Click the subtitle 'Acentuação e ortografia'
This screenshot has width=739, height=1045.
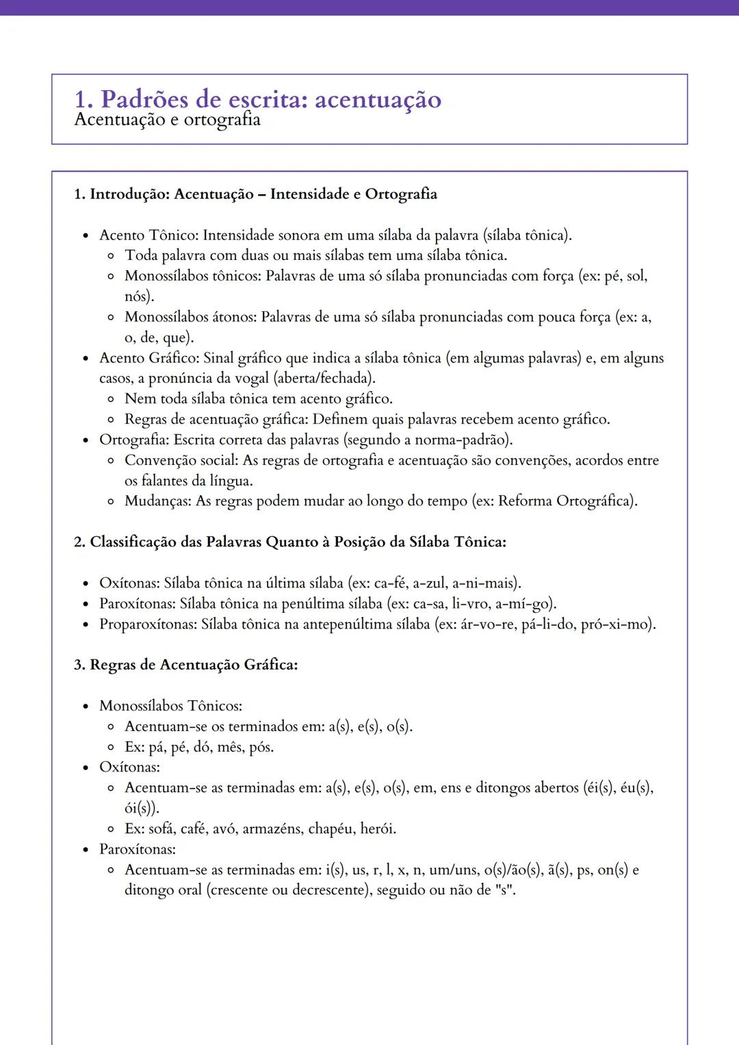(167, 120)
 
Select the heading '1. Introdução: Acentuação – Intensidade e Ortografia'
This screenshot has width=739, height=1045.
(255, 194)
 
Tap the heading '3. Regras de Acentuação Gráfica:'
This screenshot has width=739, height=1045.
(185, 665)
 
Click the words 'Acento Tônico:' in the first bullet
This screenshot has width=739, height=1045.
(148, 235)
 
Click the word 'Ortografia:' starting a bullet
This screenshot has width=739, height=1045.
(134, 440)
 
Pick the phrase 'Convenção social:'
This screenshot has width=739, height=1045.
(181, 460)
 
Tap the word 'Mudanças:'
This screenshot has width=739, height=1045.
(157, 501)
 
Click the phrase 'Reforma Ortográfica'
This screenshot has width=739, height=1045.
(565, 501)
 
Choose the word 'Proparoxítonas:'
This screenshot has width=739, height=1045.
(148, 624)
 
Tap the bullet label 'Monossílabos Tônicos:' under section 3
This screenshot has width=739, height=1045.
(170, 706)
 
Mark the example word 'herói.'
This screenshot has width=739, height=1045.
(378, 829)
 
